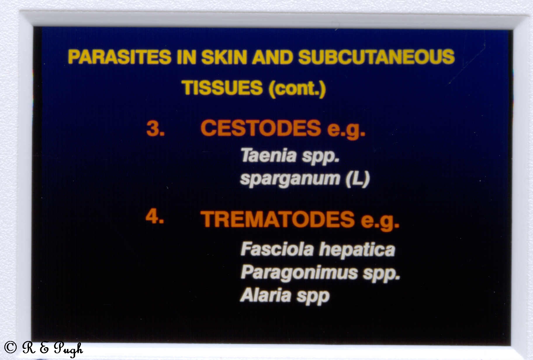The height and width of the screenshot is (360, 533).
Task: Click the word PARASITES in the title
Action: [x=120, y=57]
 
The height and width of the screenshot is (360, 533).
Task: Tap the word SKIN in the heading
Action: [x=224, y=57]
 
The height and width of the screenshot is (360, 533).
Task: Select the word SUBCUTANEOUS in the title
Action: [x=377, y=57]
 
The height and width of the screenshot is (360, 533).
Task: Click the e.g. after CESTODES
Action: [x=346, y=130]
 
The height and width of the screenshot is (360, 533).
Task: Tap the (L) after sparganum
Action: [x=358, y=179]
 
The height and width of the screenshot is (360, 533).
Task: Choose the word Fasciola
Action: [x=277, y=249]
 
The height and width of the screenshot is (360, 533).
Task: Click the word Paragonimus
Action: [x=299, y=274]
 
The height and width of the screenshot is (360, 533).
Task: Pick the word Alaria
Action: [x=265, y=295]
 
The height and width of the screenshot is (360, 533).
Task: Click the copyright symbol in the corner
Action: [x=10, y=347]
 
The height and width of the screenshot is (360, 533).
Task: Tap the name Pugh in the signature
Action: [x=68, y=349]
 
